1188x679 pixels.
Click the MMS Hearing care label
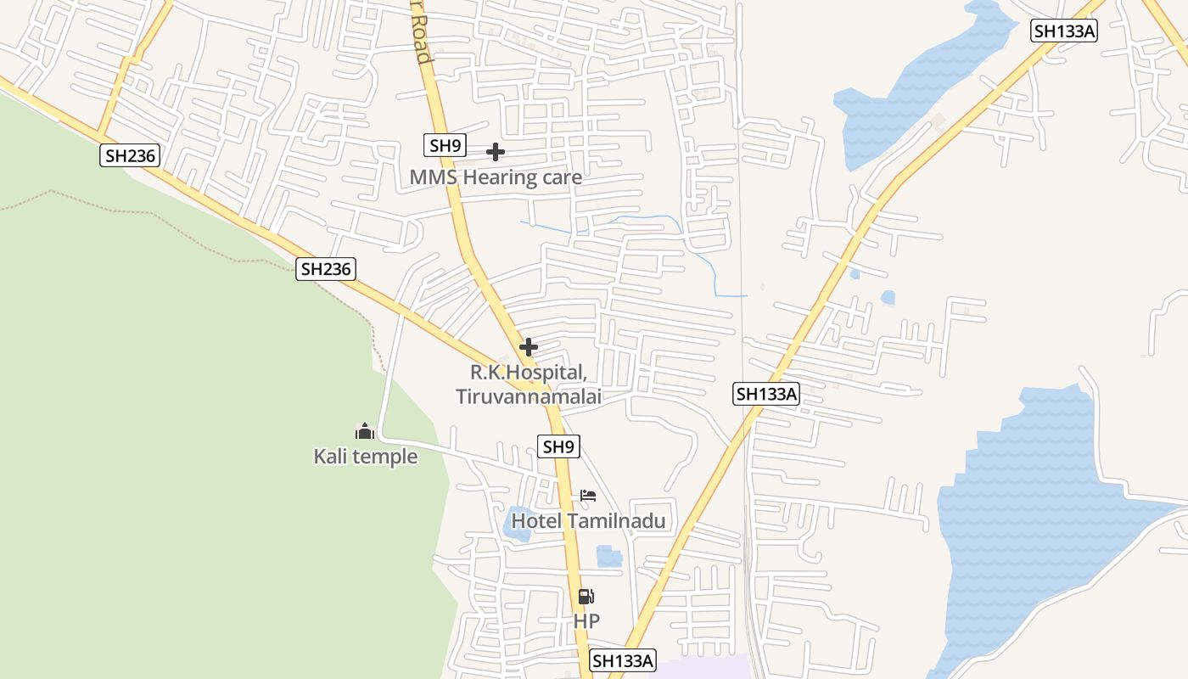coord(496,177)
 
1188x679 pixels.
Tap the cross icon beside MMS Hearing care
coord(496,152)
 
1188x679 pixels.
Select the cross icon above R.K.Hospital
coord(528,347)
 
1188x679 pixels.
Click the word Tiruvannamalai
coord(528,396)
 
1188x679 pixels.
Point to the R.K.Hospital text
coord(528,373)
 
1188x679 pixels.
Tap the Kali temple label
coord(366,457)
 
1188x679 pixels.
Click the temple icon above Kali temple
coord(365,431)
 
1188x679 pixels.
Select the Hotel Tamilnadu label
coord(587,520)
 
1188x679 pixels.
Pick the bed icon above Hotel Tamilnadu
coord(588,496)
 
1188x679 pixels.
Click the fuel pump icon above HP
coord(586,597)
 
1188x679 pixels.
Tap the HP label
coord(586,621)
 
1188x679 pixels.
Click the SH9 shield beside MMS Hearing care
coord(445,145)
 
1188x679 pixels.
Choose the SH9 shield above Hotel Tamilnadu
coord(559,446)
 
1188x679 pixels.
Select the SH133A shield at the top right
coord(1064,31)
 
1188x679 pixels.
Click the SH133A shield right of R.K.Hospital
coord(767,394)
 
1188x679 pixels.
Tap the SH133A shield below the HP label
coord(624,660)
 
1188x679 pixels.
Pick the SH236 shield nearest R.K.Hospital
coord(326,269)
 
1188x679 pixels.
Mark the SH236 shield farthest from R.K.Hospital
coord(130,155)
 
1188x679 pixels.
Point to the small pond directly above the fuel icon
coord(608,556)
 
